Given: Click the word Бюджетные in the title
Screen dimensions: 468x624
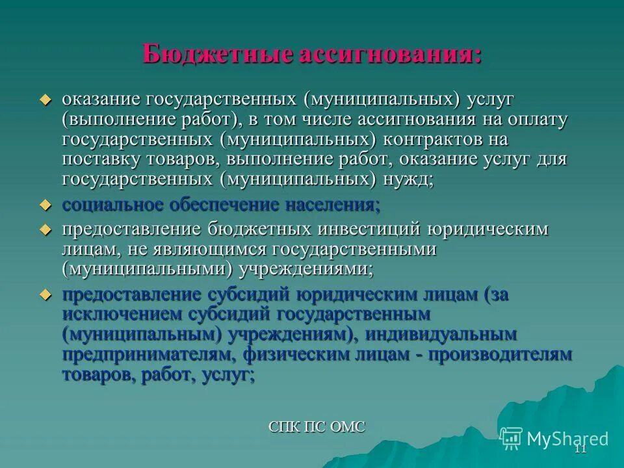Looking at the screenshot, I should click(217, 53).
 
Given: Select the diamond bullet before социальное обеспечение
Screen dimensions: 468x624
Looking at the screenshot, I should click(45, 205).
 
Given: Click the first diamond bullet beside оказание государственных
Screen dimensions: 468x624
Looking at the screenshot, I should click(45, 100).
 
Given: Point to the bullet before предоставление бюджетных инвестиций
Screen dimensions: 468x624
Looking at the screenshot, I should click(45, 229).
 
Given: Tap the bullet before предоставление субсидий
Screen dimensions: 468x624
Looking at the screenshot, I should click(45, 294).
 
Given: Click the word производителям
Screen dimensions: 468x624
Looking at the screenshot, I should click(500, 354).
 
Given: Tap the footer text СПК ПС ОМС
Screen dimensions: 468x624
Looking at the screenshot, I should click(317, 426).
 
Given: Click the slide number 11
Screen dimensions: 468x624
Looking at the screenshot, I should click(580, 449).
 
